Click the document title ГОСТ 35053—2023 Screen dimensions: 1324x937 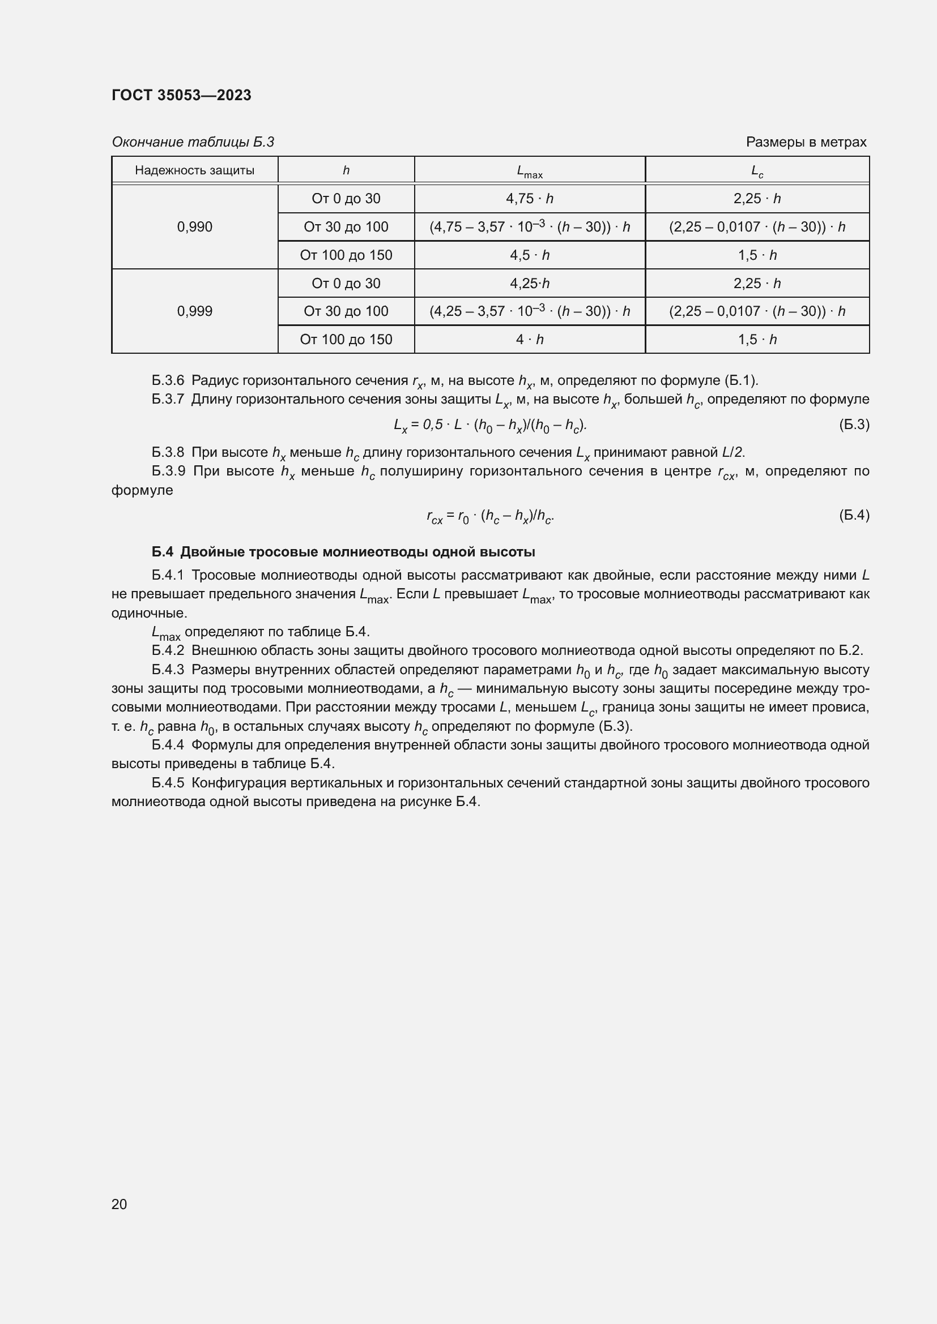181,95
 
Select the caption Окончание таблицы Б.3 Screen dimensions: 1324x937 193,142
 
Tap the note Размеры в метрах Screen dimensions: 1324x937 806,142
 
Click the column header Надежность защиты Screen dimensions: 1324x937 194,170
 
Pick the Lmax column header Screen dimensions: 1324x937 529,172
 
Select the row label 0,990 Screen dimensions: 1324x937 194,226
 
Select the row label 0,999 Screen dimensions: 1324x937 194,311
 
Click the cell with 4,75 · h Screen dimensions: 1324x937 529,198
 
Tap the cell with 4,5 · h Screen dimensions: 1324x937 529,255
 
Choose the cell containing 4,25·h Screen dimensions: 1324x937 529,283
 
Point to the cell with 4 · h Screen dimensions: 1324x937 529,340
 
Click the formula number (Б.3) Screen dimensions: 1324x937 853,425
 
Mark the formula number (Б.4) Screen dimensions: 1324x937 853,515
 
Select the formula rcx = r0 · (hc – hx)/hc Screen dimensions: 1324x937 491,516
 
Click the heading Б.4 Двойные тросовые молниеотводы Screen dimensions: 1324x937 343,552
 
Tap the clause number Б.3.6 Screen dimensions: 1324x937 167,380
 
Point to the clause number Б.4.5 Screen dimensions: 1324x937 167,782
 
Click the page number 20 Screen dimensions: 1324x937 120,1204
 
